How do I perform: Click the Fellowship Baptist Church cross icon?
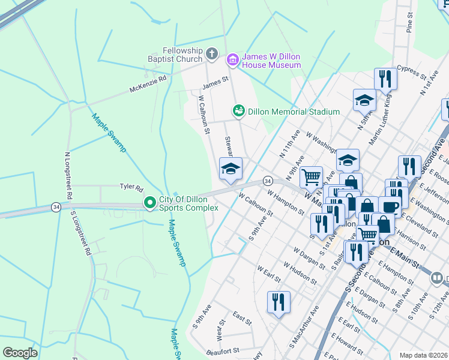tap(211, 55)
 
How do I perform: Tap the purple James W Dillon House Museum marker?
tap(232, 60)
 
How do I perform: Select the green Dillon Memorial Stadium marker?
tap(239, 112)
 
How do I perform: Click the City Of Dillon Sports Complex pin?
tap(149, 204)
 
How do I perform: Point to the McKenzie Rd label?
tap(148, 85)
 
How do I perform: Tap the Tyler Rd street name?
tap(131, 187)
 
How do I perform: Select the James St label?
tap(215, 81)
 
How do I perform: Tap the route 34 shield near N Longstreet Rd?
tap(55, 207)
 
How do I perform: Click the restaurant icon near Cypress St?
tap(385, 79)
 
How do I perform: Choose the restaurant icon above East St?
tap(278, 302)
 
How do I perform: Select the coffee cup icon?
tap(390, 207)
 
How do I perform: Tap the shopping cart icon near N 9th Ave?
tap(311, 177)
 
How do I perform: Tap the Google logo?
tap(20, 353)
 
